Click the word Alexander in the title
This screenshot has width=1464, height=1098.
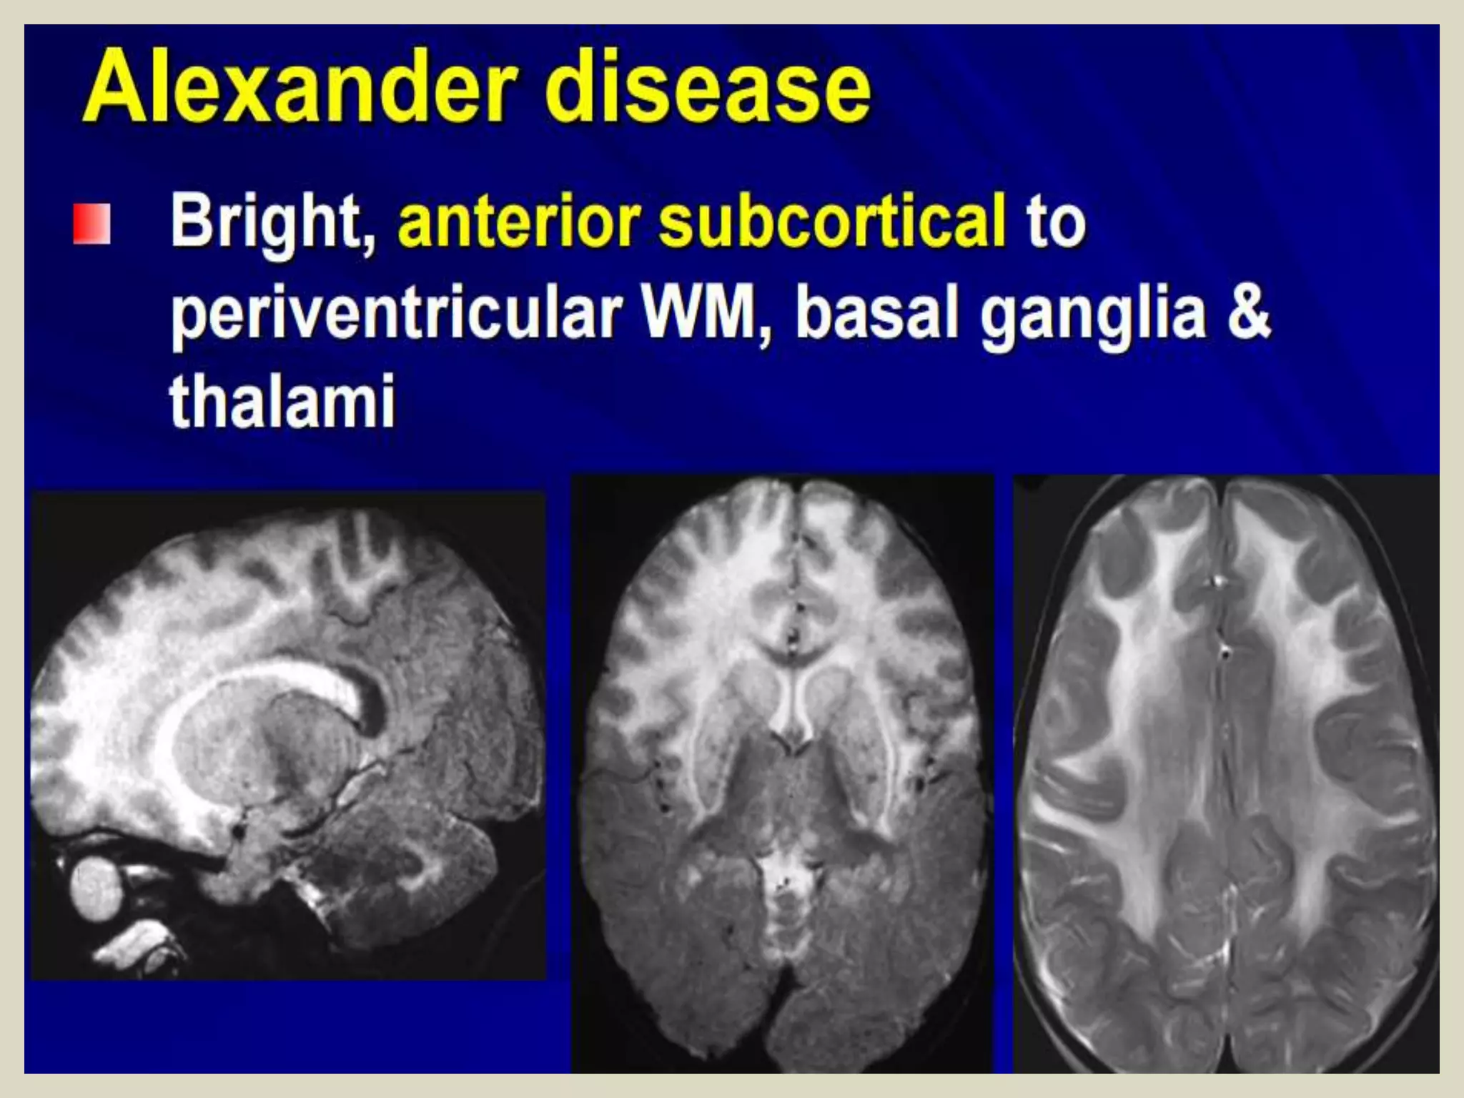(x=300, y=89)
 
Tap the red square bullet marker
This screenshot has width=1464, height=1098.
(x=91, y=224)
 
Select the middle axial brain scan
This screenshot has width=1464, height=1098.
(x=783, y=772)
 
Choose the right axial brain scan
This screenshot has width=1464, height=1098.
(x=1225, y=772)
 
